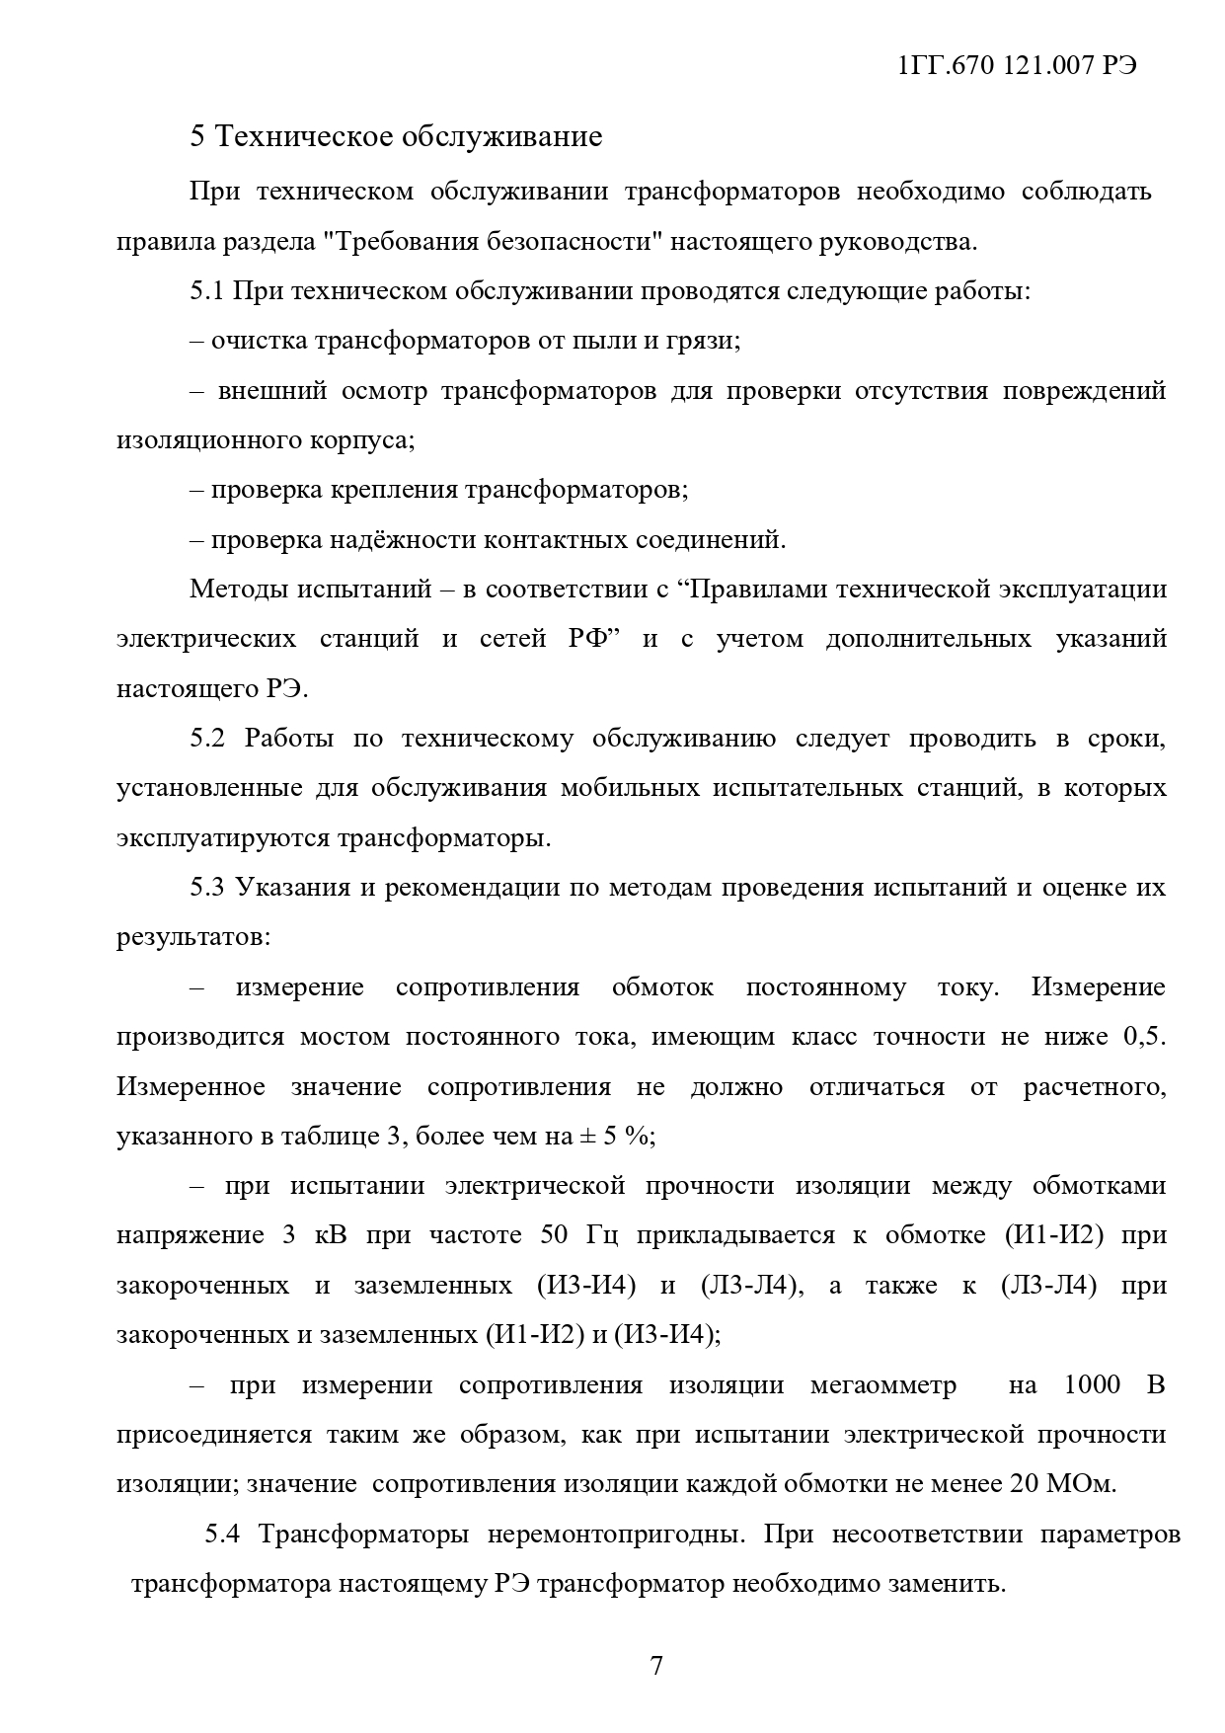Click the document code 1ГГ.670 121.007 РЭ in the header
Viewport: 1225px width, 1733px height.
pos(1017,66)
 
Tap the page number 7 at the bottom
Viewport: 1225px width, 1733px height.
pos(656,1666)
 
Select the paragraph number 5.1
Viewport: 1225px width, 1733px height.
pos(209,291)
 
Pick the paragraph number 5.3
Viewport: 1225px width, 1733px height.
pos(209,888)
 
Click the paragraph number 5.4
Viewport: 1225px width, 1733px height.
pos(223,1535)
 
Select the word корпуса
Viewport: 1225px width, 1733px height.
pos(366,440)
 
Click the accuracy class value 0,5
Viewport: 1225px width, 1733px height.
pos(1145,1037)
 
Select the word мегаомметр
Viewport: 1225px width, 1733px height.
pos(883,1385)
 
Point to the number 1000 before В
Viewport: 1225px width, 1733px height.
pos(1092,1385)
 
